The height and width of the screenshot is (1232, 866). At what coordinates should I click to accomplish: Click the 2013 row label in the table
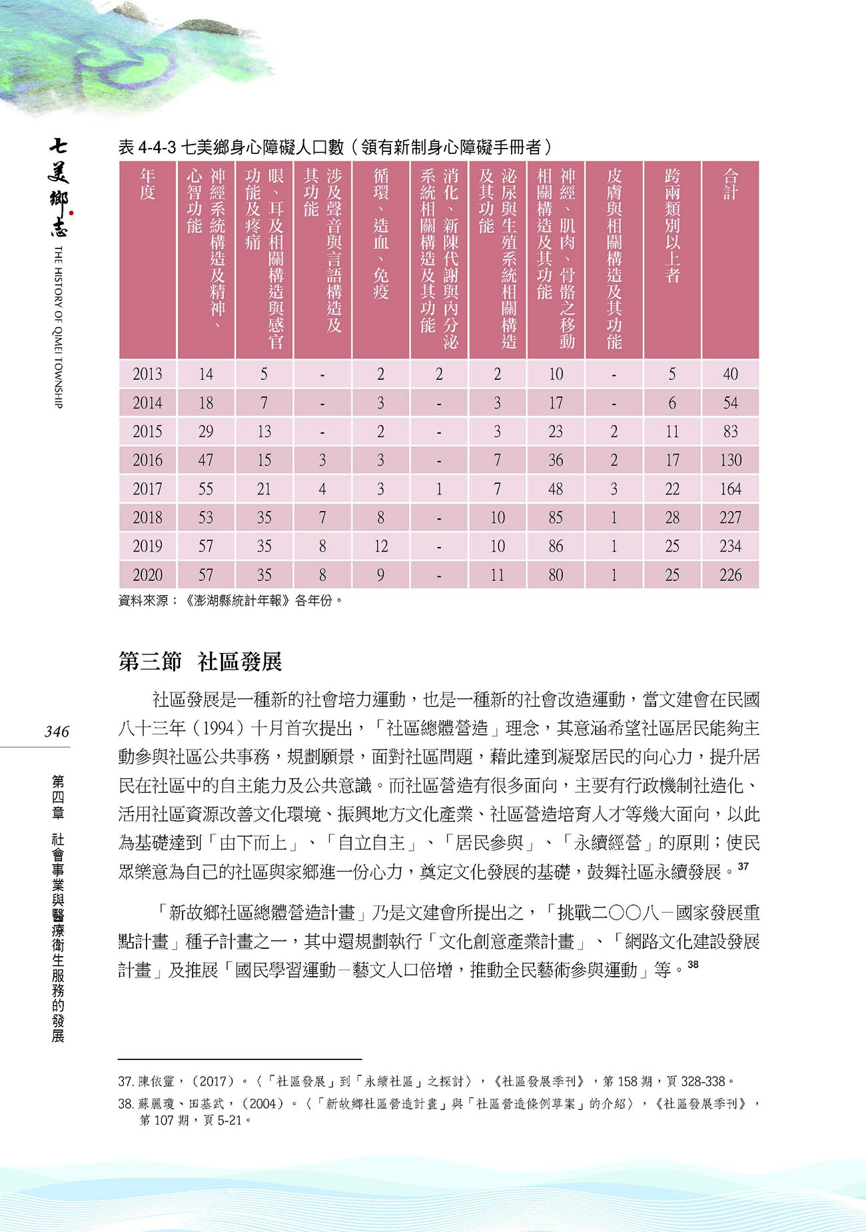point(147,374)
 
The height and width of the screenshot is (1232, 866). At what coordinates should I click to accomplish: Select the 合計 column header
point(730,185)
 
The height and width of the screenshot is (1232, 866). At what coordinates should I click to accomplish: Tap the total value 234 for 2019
point(730,546)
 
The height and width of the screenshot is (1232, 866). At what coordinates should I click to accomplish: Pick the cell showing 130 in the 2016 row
point(730,460)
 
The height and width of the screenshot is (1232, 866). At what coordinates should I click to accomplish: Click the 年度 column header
point(147,185)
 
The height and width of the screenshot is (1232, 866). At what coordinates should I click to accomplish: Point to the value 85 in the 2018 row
point(556,518)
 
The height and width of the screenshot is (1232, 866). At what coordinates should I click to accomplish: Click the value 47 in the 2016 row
point(206,460)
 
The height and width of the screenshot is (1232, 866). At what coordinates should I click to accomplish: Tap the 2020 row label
point(147,575)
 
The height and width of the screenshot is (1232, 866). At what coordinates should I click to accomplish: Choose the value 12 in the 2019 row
point(380,546)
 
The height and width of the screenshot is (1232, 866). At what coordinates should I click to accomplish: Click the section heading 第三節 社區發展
point(200,662)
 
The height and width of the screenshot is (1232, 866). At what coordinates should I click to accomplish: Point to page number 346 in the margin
point(57,732)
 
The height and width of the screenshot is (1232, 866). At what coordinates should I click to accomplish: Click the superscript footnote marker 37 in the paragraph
point(743,866)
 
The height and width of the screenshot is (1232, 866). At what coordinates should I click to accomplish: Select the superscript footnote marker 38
point(693,964)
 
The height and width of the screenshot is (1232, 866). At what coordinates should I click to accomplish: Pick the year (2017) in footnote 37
point(213,1081)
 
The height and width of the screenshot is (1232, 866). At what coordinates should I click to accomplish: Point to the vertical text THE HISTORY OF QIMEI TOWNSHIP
point(59,326)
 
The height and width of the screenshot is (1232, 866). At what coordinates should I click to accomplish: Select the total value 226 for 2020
point(730,575)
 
